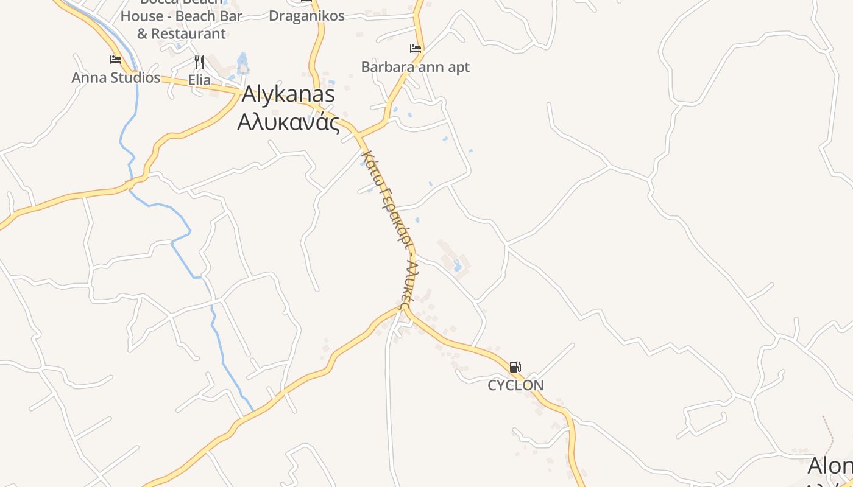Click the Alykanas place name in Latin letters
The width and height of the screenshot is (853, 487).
click(288, 94)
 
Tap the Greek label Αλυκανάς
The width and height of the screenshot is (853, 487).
click(288, 122)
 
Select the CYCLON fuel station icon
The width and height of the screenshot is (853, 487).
click(515, 366)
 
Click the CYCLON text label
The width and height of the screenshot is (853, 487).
click(515, 385)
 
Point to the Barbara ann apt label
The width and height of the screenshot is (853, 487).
click(416, 67)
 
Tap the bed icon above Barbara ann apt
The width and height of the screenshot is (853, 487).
click(416, 49)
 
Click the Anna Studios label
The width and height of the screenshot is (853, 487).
click(116, 77)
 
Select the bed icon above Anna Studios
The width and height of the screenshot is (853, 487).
click(116, 59)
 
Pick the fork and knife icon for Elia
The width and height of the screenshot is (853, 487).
click(199, 61)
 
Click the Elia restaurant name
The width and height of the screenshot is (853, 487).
click(199, 80)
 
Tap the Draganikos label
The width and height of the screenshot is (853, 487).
click(306, 16)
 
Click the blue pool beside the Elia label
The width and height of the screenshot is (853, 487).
click(242, 63)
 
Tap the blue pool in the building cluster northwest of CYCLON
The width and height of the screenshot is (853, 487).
click(458, 265)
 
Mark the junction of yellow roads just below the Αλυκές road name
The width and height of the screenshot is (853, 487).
click(405, 310)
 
